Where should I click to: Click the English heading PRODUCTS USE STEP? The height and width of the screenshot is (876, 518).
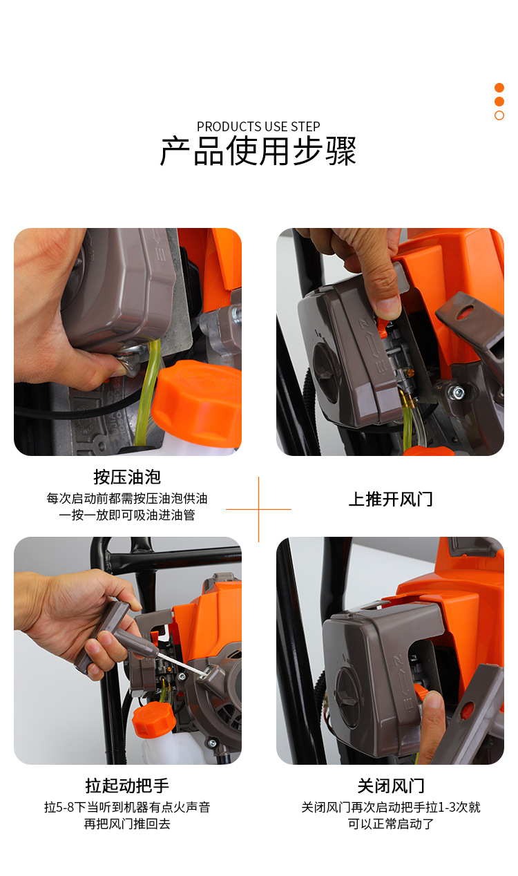pyautogui.click(x=258, y=126)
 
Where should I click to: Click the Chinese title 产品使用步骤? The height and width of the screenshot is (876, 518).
pyautogui.click(x=258, y=151)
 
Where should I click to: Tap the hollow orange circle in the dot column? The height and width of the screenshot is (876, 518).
pyautogui.click(x=499, y=115)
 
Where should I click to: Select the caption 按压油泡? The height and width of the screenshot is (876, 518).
pyautogui.click(x=127, y=477)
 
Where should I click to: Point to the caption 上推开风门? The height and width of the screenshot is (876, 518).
pyautogui.click(x=390, y=499)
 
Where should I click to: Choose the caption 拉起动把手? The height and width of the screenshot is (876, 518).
pyautogui.click(x=127, y=785)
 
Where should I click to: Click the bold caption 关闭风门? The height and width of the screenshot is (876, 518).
pyautogui.click(x=390, y=785)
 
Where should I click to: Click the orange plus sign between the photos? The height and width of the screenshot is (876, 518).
pyautogui.click(x=258, y=509)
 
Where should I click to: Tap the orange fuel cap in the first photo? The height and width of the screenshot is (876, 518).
pyautogui.click(x=197, y=404)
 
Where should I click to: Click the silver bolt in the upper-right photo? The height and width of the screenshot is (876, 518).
pyautogui.click(x=457, y=392)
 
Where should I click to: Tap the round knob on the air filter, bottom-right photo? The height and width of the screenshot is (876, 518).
pyautogui.click(x=347, y=697)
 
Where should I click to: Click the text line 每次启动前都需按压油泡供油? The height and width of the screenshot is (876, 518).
pyautogui.click(x=127, y=499)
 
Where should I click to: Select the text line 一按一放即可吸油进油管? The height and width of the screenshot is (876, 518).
pyautogui.click(x=127, y=515)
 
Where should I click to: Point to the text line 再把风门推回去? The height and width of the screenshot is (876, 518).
pyautogui.click(x=127, y=824)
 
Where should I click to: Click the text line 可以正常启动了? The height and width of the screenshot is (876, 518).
pyautogui.click(x=390, y=824)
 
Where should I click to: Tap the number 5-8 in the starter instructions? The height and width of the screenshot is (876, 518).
pyautogui.click(x=66, y=807)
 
